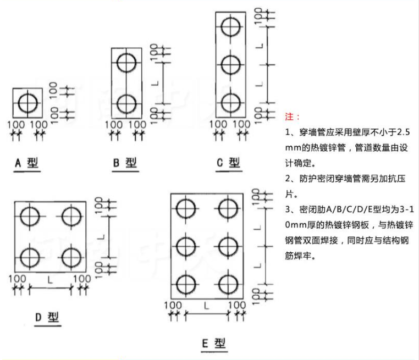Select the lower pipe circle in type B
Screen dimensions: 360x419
click(x=126, y=103)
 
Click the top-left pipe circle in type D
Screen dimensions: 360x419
click(x=30, y=216)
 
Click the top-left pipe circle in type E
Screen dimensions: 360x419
click(x=186, y=207)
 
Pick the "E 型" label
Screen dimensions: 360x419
click(x=214, y=344)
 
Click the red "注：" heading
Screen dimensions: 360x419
click(x=293, y=117)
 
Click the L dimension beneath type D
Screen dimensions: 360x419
click(x=51, y=280)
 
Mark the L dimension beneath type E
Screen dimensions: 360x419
click(x=206, y=305)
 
